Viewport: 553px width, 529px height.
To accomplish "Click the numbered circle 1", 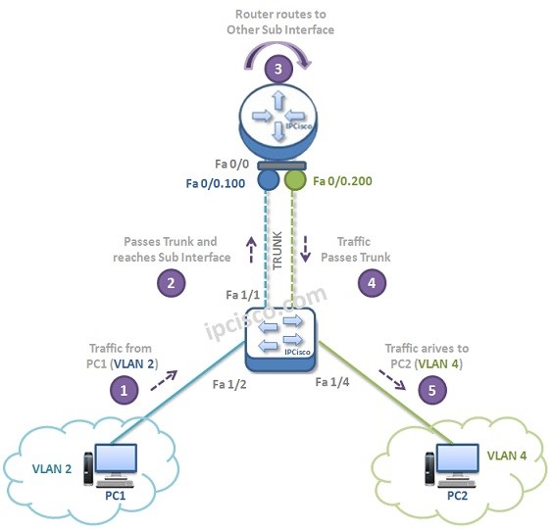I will (123, 389).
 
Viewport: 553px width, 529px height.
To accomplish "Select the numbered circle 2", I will (172, 282).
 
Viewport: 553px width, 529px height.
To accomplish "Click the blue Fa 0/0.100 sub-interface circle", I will (268, 181).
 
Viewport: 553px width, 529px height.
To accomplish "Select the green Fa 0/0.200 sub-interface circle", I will (294, 181).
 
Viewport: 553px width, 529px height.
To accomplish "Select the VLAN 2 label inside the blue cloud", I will (51, 467).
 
